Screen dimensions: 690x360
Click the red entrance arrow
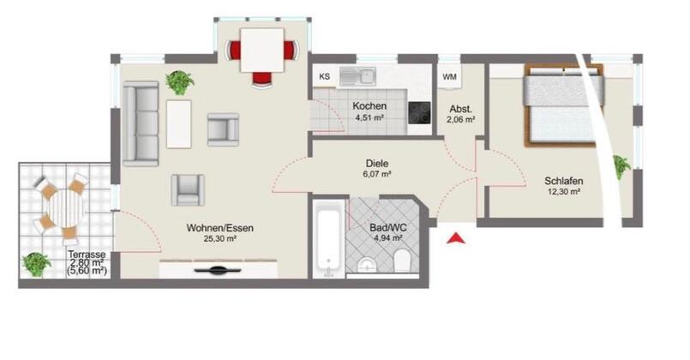(x=456, y=238)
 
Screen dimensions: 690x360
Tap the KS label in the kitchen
(x=324, y=76)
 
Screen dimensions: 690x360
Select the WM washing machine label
(x=449, y=77)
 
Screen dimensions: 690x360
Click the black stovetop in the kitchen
(x=419, y=112)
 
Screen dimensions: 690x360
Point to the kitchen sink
(x=357, y=76)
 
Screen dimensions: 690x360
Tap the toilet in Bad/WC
(x=402, y=261)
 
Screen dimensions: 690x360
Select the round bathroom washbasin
(x=365, y=265)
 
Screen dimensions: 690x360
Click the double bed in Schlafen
(x=563, y=105)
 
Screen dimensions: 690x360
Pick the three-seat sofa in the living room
(x=141, y=123)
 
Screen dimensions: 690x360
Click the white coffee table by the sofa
(x=178, y=123)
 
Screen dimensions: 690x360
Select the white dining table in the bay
(x=261, y=50)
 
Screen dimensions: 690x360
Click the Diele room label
(x=377, y=164)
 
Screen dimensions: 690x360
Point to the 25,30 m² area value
(x=220, y=239)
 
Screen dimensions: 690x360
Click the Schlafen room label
(x=564, y=181)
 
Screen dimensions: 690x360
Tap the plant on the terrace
(x=37, y=264)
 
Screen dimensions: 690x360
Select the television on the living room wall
(x=218, y=270)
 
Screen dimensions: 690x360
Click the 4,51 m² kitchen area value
(x=369, y=117)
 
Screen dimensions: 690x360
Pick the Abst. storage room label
(x=461, y=109)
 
